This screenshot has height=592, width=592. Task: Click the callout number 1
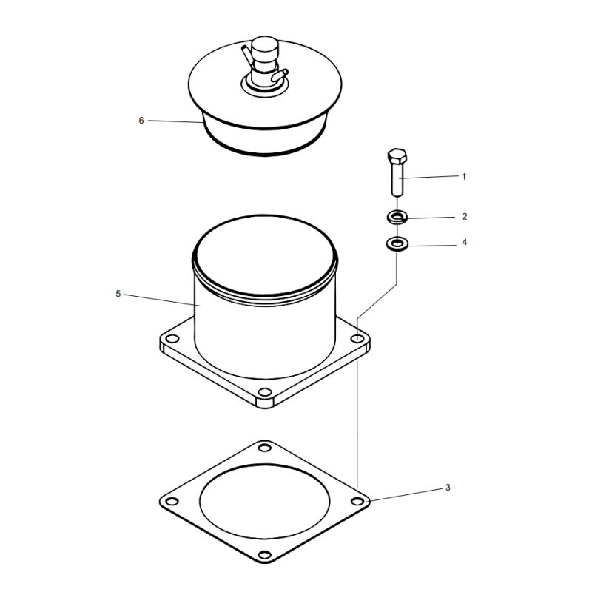point(464,176)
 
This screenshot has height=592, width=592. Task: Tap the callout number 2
point(464,217)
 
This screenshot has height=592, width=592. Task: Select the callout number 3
point(448,488)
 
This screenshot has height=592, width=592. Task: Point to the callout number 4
point(464,242)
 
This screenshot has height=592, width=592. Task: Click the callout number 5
point(118,294)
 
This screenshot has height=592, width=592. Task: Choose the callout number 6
point(141,120)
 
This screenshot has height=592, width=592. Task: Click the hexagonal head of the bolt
point(396,158)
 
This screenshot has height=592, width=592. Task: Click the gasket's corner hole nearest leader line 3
point(357,502)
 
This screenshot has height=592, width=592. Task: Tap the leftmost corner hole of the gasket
point(172,503)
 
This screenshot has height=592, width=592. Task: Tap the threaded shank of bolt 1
point(397,181)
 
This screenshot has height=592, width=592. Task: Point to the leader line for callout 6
point(174,121)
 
